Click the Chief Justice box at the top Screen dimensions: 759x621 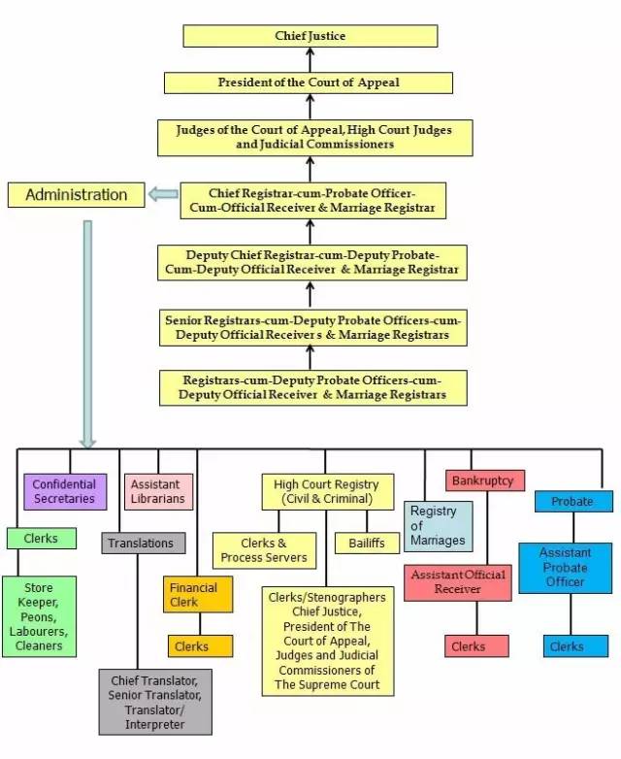point(310,37)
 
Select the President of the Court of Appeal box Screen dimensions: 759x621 point(309,82)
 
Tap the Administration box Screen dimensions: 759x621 point(76,195)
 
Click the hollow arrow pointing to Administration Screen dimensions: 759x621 point(163,195)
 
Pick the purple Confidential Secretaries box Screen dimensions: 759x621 point(64,491)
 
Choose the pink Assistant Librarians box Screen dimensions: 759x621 point(159,491)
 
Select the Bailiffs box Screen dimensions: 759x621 point(368,544)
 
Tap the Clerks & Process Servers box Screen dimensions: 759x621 point(264,550)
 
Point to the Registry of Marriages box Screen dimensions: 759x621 point(438,526)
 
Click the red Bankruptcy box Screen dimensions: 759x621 point(486,480)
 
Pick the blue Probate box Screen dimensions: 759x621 point(573,502)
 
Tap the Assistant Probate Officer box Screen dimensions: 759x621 point(565,568)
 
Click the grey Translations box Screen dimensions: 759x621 point(143,544)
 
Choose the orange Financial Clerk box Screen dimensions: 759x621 point(198,595)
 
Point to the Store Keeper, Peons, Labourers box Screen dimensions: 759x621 point(39,616)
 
